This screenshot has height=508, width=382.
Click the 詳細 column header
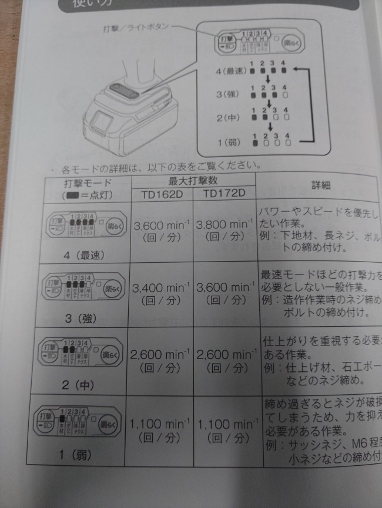(x=320, y=185)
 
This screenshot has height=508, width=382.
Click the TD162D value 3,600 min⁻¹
(x=160, y=225)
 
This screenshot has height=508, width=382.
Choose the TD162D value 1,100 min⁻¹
(x=160, y=424)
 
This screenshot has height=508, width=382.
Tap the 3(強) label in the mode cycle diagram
(x=226, y=94)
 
